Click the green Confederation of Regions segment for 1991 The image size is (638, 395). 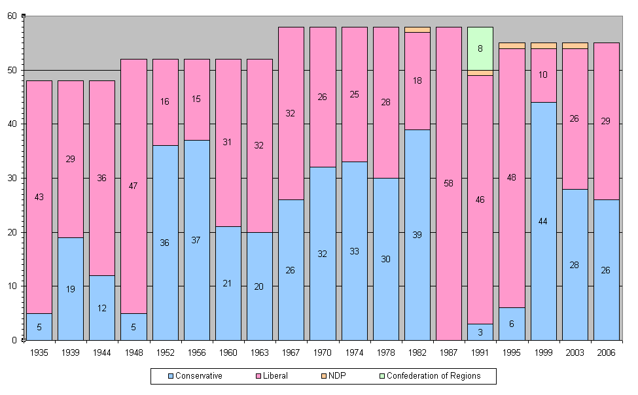point(480,48)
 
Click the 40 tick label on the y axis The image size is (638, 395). point(12,124)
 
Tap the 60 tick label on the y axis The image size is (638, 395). point(12,16)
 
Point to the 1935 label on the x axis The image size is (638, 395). point(39,352)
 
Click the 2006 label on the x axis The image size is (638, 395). point(606,352)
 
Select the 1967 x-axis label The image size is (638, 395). point(291,352)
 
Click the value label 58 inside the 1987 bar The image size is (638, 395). point(448,184)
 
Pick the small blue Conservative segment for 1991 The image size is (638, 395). point(480,332)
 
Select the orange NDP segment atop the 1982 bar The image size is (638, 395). point(417,29)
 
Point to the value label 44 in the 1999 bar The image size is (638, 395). point(543,221)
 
